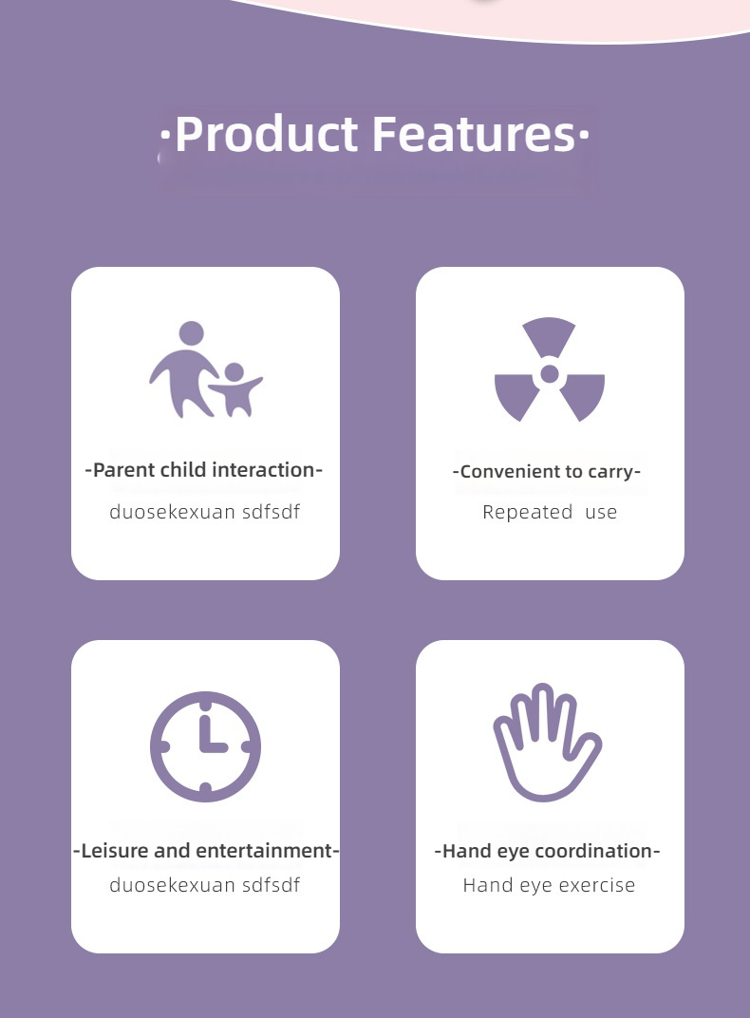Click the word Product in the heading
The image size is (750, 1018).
266,134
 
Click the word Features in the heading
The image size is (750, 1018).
474,134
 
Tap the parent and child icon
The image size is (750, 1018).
206,369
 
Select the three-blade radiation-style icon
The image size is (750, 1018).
550,369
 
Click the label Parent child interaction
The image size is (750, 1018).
204,470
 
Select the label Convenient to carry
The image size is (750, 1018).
546,471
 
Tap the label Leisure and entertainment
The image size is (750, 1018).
206,851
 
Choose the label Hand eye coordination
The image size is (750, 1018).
547,851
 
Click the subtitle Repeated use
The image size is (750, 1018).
550,512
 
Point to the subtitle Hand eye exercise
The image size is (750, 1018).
549,886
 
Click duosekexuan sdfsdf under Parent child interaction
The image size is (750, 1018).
204,512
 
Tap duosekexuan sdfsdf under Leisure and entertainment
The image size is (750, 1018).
204,885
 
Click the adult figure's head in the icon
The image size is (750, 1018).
192,333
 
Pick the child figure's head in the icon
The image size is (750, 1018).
234,372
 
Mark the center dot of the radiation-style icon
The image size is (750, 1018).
550,374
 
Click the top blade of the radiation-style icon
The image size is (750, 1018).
549,335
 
